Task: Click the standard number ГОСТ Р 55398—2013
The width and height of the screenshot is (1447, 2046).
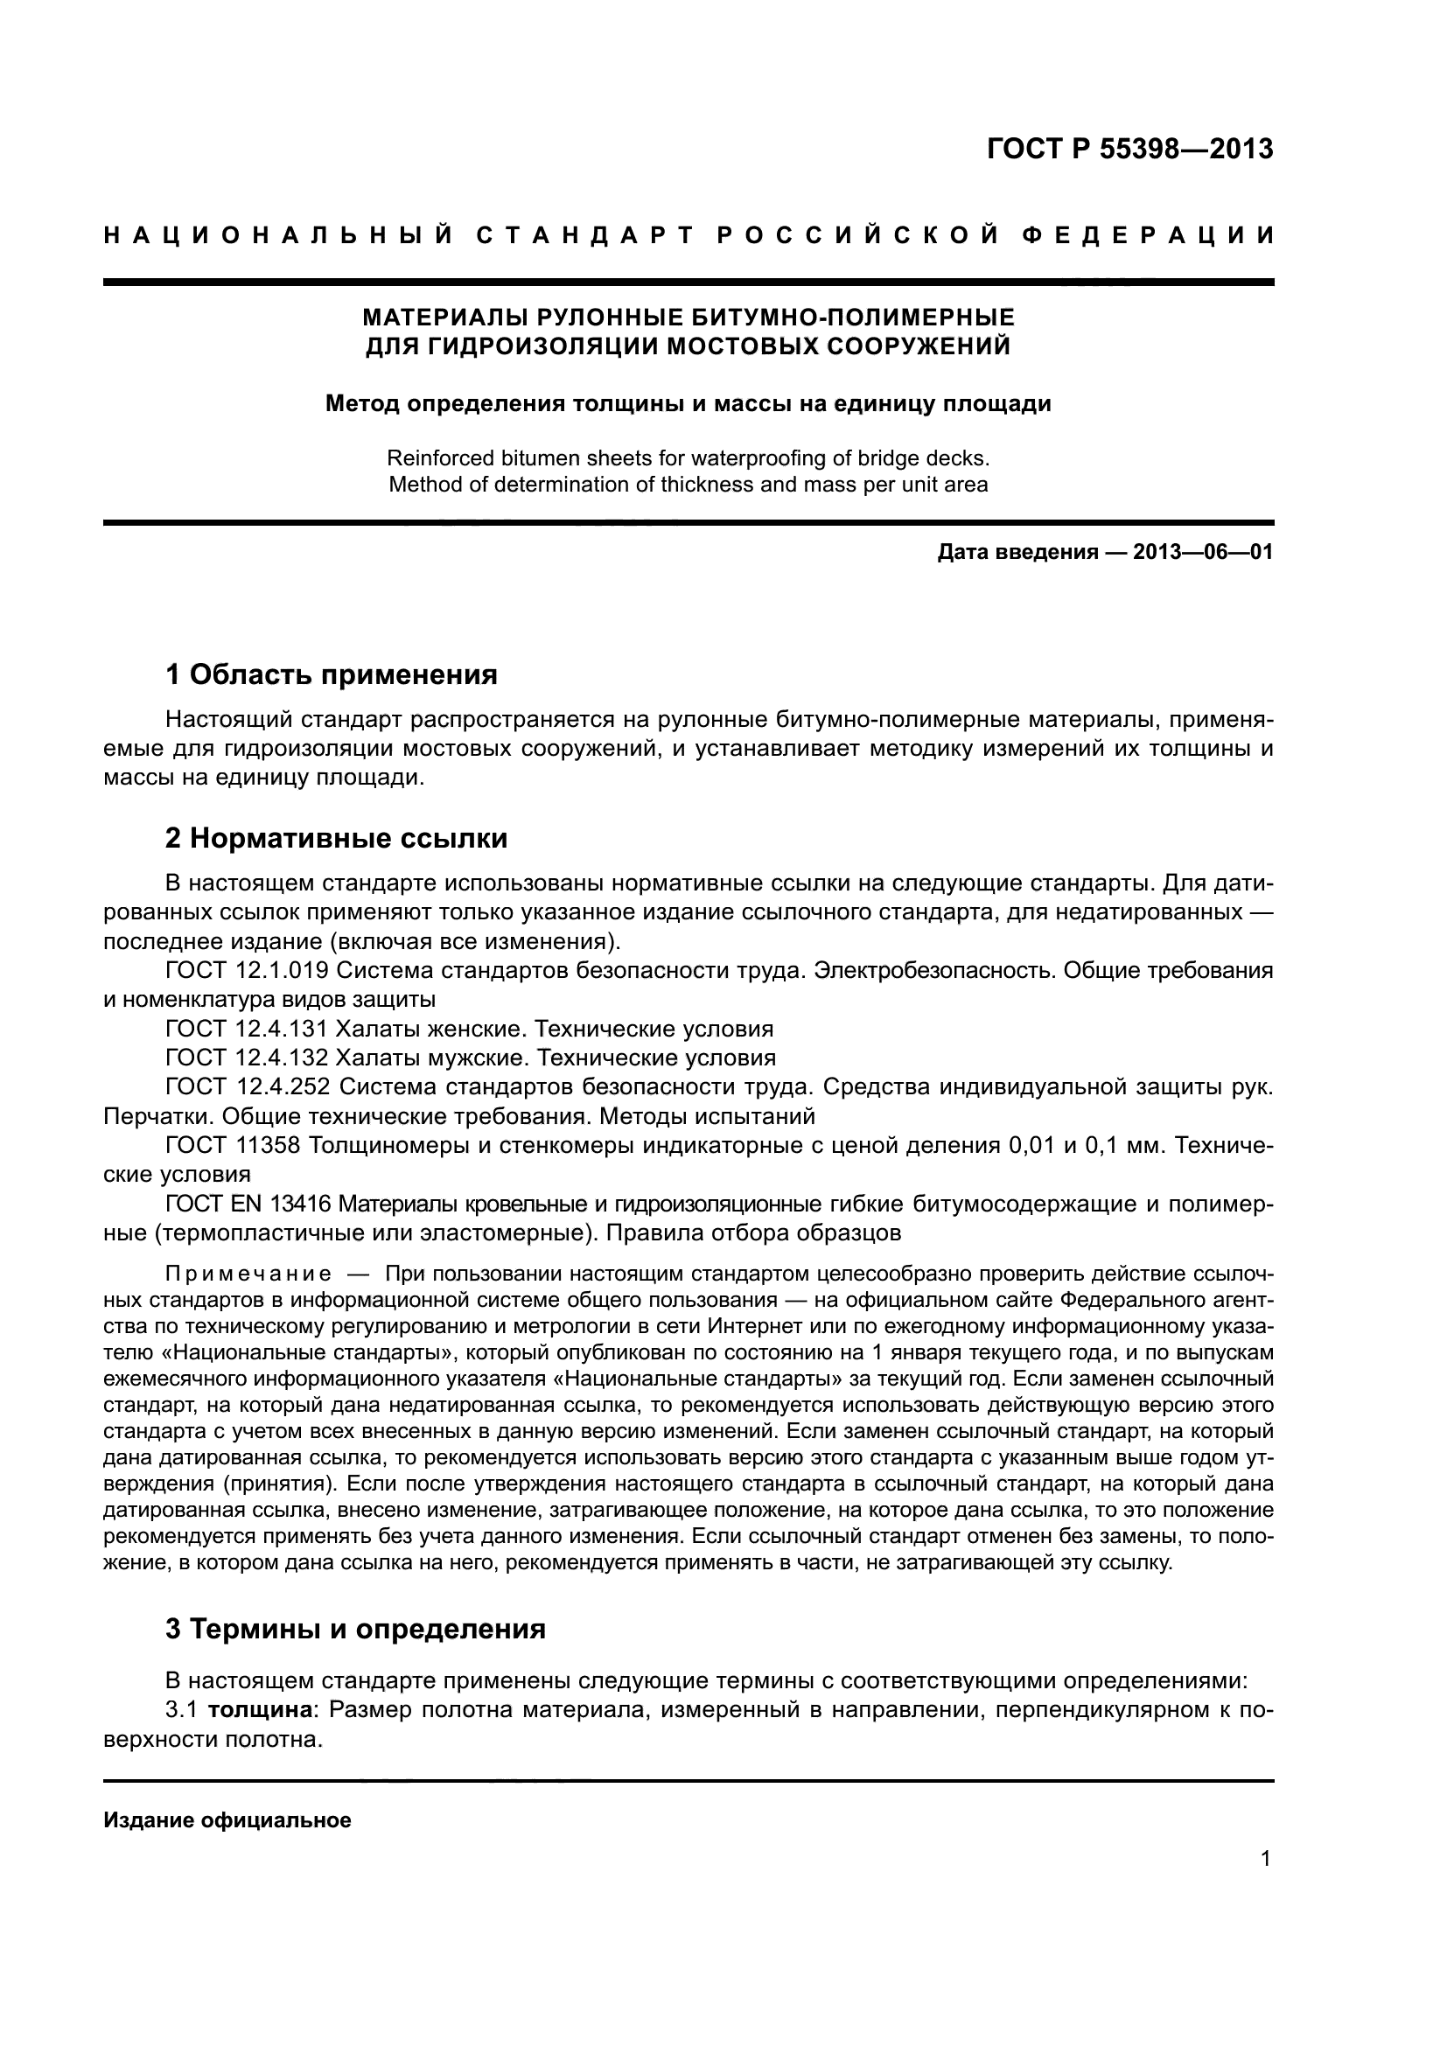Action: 1129,149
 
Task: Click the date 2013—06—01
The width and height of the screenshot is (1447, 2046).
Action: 1203,552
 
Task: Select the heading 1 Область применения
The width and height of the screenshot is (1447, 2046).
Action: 331,674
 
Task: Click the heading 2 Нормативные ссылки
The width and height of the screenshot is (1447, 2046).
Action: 336,838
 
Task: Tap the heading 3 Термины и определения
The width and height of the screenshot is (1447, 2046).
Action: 354,1628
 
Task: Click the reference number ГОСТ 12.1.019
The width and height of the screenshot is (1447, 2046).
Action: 248,970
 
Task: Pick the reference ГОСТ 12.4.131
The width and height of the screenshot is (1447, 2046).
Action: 247,1030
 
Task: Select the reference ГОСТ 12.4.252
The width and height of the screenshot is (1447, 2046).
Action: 248,1087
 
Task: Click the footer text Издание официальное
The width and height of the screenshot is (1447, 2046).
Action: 227,1819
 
